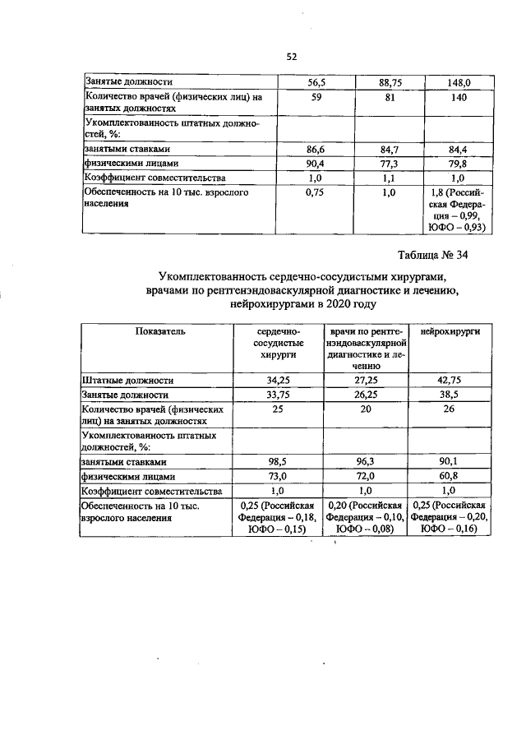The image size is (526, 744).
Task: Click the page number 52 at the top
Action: (x=291, y=56)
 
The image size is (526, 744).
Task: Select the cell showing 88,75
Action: (x=390, y=82)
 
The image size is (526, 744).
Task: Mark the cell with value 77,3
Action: (x=390, y=164)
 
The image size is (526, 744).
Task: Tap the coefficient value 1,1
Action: (x=390, y=177)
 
